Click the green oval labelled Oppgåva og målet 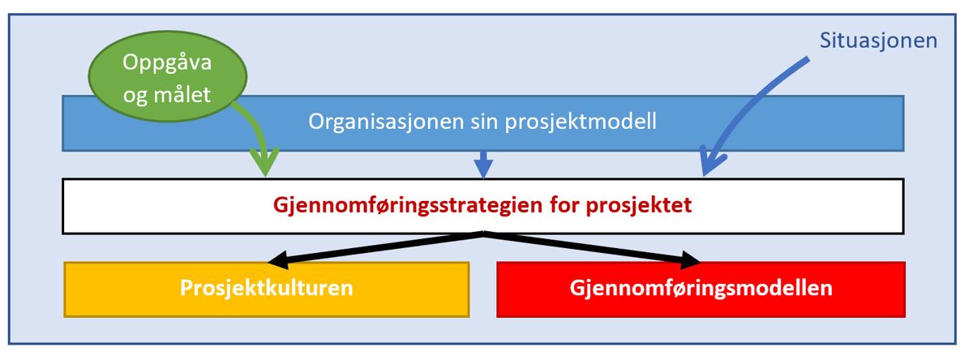[x=168, y=76]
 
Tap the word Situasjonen [x=878, y=41]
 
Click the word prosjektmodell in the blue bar [x=581, y=122]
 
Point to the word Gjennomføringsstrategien [x=408, y=205]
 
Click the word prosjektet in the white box [x=639, y=205]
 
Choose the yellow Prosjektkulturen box [x=266, y=289]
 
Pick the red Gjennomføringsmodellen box [x=701, y=289]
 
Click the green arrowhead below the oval [x=265, y=162]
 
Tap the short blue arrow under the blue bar [x=483, y=165]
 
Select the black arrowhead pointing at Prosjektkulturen [x=278, y=259]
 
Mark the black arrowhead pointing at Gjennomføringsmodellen [x=690, y=259]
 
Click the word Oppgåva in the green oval [x=167, y=63]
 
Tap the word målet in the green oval [x=182, y=94]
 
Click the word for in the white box [x=564, y=204]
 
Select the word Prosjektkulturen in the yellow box [x=266, y=289]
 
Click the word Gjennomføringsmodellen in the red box [x=701, y=289]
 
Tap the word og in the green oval [x=135, y=96]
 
